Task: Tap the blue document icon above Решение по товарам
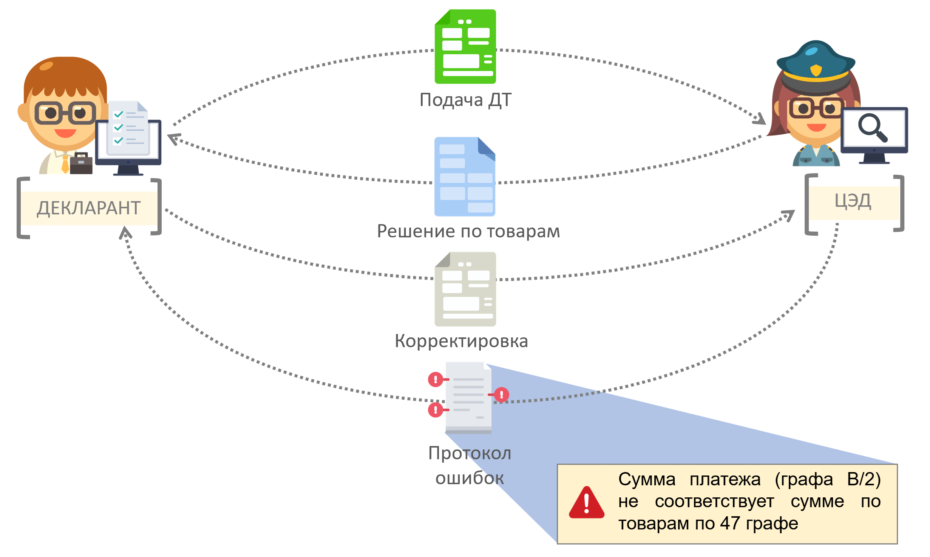click(465, 177)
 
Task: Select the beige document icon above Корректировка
click(465, 289)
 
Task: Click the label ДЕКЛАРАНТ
click(89, 208)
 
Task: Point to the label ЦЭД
click(853, 201)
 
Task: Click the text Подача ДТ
click(465, 100)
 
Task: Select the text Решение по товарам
click(468, 231)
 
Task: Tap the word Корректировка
click(461, 341)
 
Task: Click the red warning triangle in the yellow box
click(586, 503)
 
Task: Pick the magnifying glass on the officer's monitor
click(873, 127)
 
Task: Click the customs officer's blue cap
click(816, 60)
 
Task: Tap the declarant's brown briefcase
click(81, 164)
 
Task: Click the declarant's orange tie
click(65, 164)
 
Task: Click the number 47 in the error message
click(730, 523)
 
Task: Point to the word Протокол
click(470, 453)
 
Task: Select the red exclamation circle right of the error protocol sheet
click(502, 395)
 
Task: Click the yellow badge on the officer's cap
click(816, 70)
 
